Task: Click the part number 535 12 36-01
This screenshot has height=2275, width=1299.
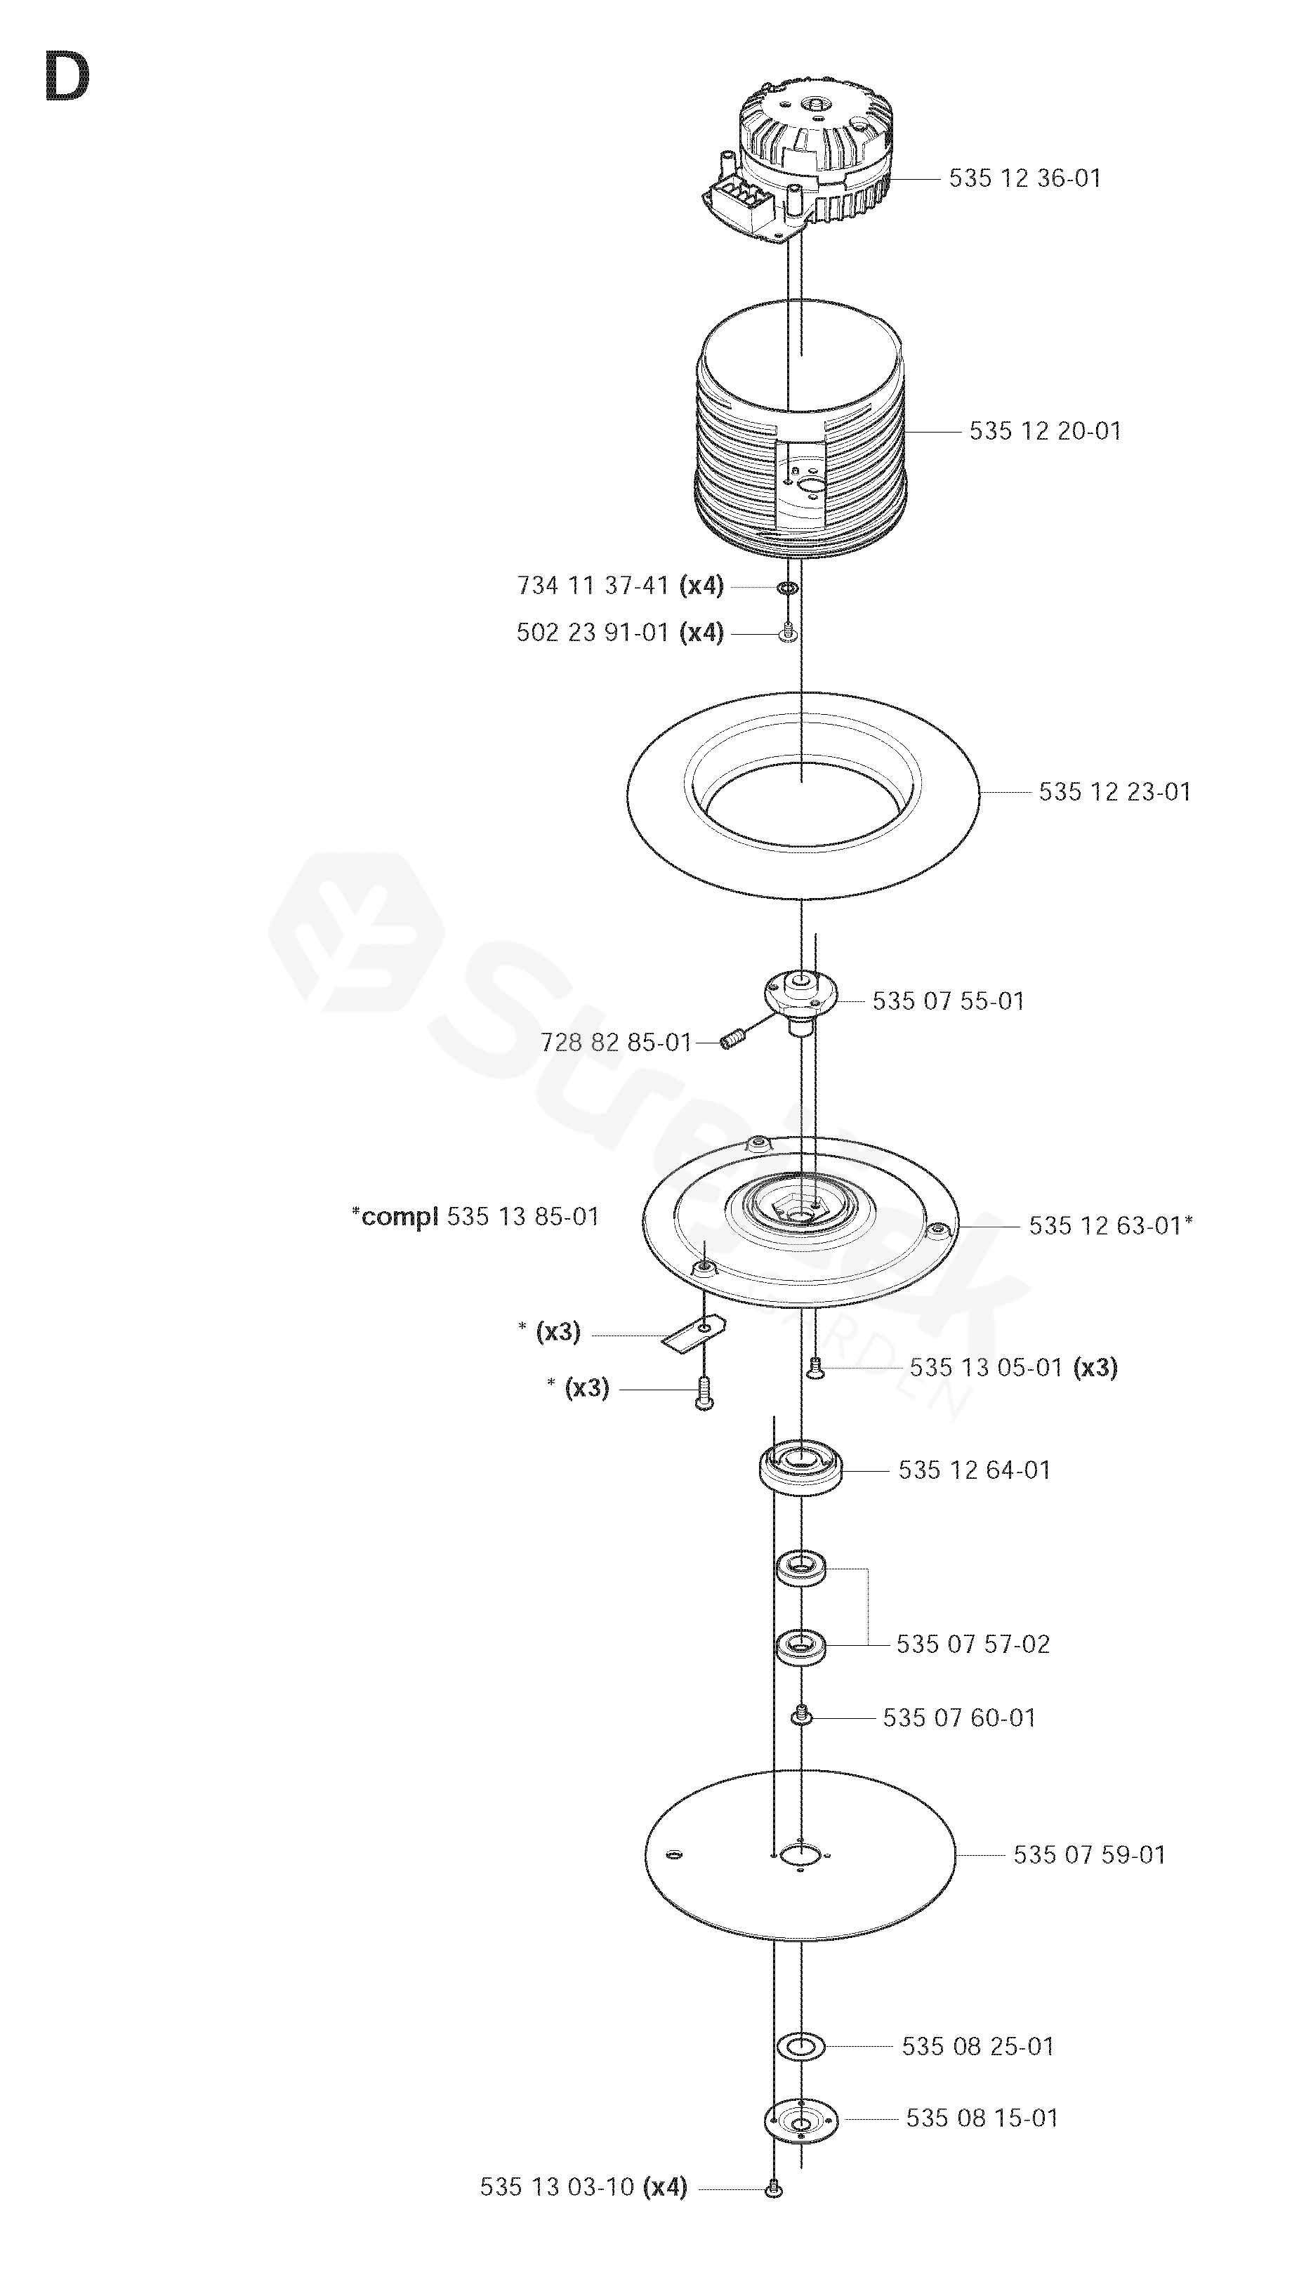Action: pyautogui.click(x=1024, y=178)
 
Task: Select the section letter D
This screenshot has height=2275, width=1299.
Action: pyautogui.click(x=66, y=79)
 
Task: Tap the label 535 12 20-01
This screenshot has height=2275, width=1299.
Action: pyautogui.click(x=1045, y=431)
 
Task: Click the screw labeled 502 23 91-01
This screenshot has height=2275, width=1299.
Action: pyautogui.click(x=788, y=633)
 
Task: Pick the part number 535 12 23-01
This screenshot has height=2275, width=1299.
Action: pyautogui.click(x=1114, y=791)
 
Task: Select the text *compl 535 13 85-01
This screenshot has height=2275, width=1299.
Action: pyautogui.click(x=475, y=1217)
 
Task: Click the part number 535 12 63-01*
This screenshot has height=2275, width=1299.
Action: pyautogui.click(x=1110, y=1226)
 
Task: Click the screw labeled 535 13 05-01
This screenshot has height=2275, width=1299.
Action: pyautogui.click(x=815, y=1369)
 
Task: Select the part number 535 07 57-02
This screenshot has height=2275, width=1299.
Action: pyautogui.click(x=972, y=1644)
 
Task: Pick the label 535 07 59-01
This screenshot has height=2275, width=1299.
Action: pyautogui.click(x=1089, y=1856)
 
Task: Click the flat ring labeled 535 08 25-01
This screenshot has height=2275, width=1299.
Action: pyautogui.click(x=800, y=2047)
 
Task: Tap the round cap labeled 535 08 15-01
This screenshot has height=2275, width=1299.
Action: pyautogui.click(x=800, y=2119)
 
